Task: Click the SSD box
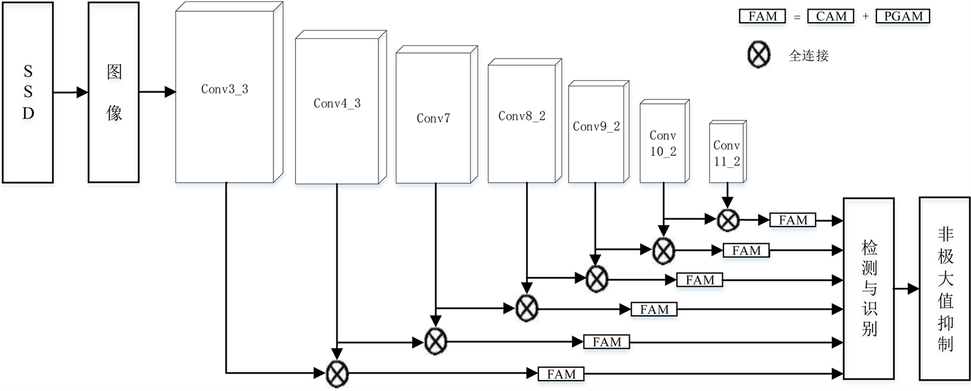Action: point(28,93)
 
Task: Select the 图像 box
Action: point(114,93)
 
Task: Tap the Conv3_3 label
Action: point(225,89)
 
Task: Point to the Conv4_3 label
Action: point(337,103)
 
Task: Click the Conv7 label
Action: point(433,118)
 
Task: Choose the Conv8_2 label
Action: point(522,116)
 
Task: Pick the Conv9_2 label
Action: point(597,126)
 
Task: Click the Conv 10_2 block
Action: point(663,142)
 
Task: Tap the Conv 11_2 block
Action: point(727,153)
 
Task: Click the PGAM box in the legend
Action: point(903,17)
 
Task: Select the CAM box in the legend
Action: point(831,17)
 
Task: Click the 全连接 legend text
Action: point(808,56)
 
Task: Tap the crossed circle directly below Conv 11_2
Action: point(728,220)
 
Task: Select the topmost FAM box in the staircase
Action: point(793,220)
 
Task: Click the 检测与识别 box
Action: point(869,289)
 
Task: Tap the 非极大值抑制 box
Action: point(945,289)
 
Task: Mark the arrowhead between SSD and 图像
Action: point(82,93)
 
